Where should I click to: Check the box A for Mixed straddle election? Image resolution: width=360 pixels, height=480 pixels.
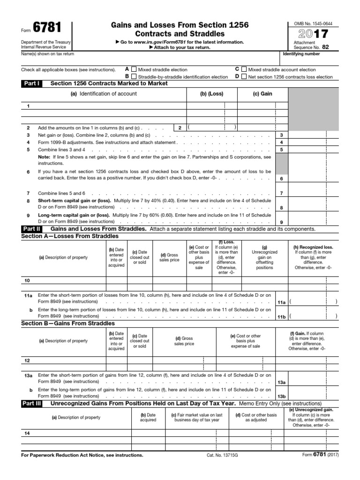(x=135, y=69)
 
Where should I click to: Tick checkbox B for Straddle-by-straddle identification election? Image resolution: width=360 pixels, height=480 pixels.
(x=135, y=76)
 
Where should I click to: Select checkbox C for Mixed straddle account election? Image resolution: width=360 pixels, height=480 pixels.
(x=244, y=69)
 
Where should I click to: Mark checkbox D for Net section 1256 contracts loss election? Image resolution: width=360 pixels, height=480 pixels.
(x=244, y=76)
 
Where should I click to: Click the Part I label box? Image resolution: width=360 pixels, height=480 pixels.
(x=31, y=83)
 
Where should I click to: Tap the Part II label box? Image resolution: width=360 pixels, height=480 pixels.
(x=31, y=229)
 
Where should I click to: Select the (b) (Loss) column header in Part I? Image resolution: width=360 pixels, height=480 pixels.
(x=212, y=94)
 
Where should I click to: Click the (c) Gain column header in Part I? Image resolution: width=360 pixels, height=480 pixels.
(x=262, y=94)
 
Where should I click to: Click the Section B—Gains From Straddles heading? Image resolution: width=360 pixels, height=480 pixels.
(x=68, y=323)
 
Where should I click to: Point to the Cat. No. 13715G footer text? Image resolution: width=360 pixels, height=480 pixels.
(x=223, y=455)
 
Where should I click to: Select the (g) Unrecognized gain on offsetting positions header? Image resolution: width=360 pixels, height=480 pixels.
(x=265, y=257)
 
